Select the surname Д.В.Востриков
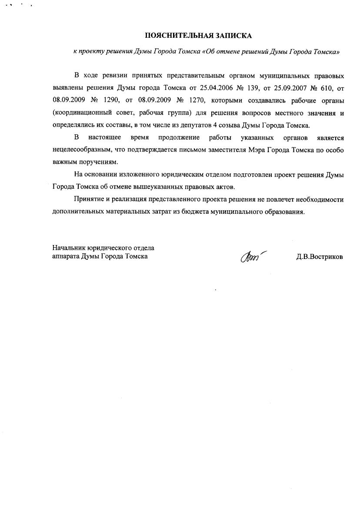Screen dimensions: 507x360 pyautogui.click(x=320, y=257)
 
